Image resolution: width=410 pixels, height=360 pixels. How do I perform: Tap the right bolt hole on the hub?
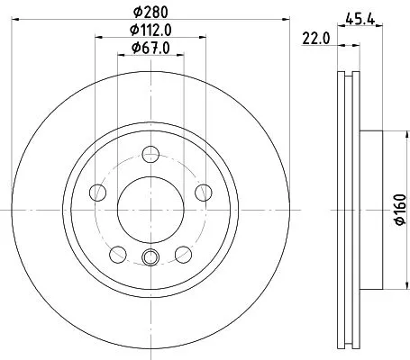[203, 191]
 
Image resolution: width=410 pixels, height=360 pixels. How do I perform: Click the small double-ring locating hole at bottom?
[150, 260]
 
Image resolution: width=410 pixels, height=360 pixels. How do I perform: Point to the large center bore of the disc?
[150, 208]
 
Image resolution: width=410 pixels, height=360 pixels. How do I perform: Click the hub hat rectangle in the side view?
[373, 208]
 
